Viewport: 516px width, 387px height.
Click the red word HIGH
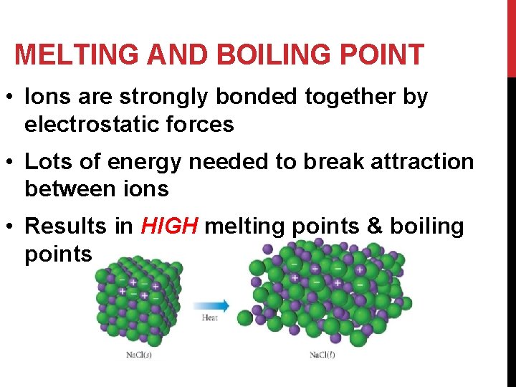pyautogui.click(x=169, y=226)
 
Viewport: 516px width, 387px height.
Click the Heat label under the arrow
pyautogui.click(x=210, y=317)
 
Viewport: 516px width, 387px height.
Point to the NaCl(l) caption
pyautogui.click(x=324, y=355)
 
